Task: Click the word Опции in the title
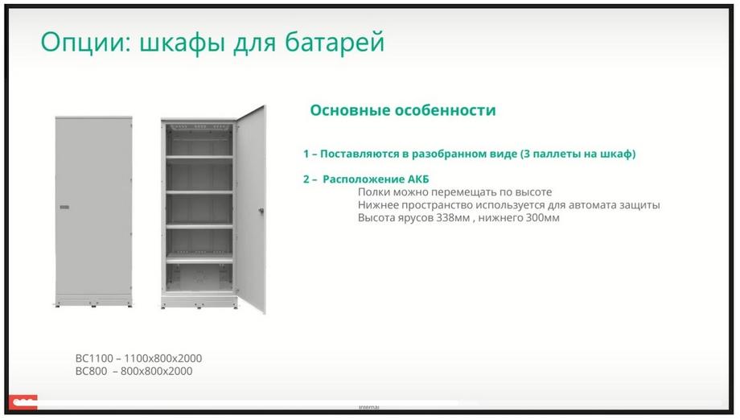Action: pyautogui.click(x=85, y=43)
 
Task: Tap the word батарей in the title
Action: pyautogui.click(x=335, y=43)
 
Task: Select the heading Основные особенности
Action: pyautogui.click(x=402, y=110)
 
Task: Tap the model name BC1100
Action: pyautogui.click(x=94, y=359)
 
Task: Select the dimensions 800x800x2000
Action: pyautogui.click(x=156, y=372)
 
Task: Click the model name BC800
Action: pyautogui.click(x=91, y=372)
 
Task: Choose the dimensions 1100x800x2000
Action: pyautogui.click(x=162, y=359)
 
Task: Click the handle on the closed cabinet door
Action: pyautogui.click(x=64, y=207)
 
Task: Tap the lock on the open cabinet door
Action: pyautogui.click(x=261, y=211)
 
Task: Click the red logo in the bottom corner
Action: pyautogui.click(x=23, y=402)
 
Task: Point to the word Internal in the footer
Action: pyautogui.click(x=369, y=407)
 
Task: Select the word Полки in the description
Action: pyautogui.click(x=374, y=192)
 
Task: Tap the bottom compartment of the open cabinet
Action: pyautogui.click(x=199, y=278)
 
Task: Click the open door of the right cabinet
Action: pyautogui.click(x=251, y=208)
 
